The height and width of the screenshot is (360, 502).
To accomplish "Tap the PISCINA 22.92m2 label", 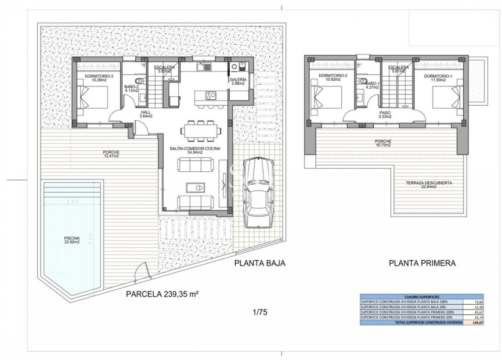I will pyautogui.click(x=72, y=241).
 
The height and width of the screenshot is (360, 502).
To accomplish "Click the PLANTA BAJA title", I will pyautogui.click(x=260, y=263).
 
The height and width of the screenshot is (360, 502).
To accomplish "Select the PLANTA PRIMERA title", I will pyautogui.click(x=422, y=263).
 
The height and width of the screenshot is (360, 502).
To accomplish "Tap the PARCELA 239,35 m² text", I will pyautogui.click(x=162, y=294).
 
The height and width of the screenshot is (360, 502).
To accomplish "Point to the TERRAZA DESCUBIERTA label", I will pyautogui.click(x=429, y=185).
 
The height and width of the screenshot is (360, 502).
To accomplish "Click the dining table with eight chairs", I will pyautogui.click(x=199, y=130).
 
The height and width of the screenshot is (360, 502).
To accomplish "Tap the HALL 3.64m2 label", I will pyautogui.click(x=146, y=114).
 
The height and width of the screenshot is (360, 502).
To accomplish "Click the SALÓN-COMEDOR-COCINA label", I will pyautogui.click(x=191, y=150).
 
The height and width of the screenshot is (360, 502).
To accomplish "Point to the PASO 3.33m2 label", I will pyautogui.click(x=385, y=115).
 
